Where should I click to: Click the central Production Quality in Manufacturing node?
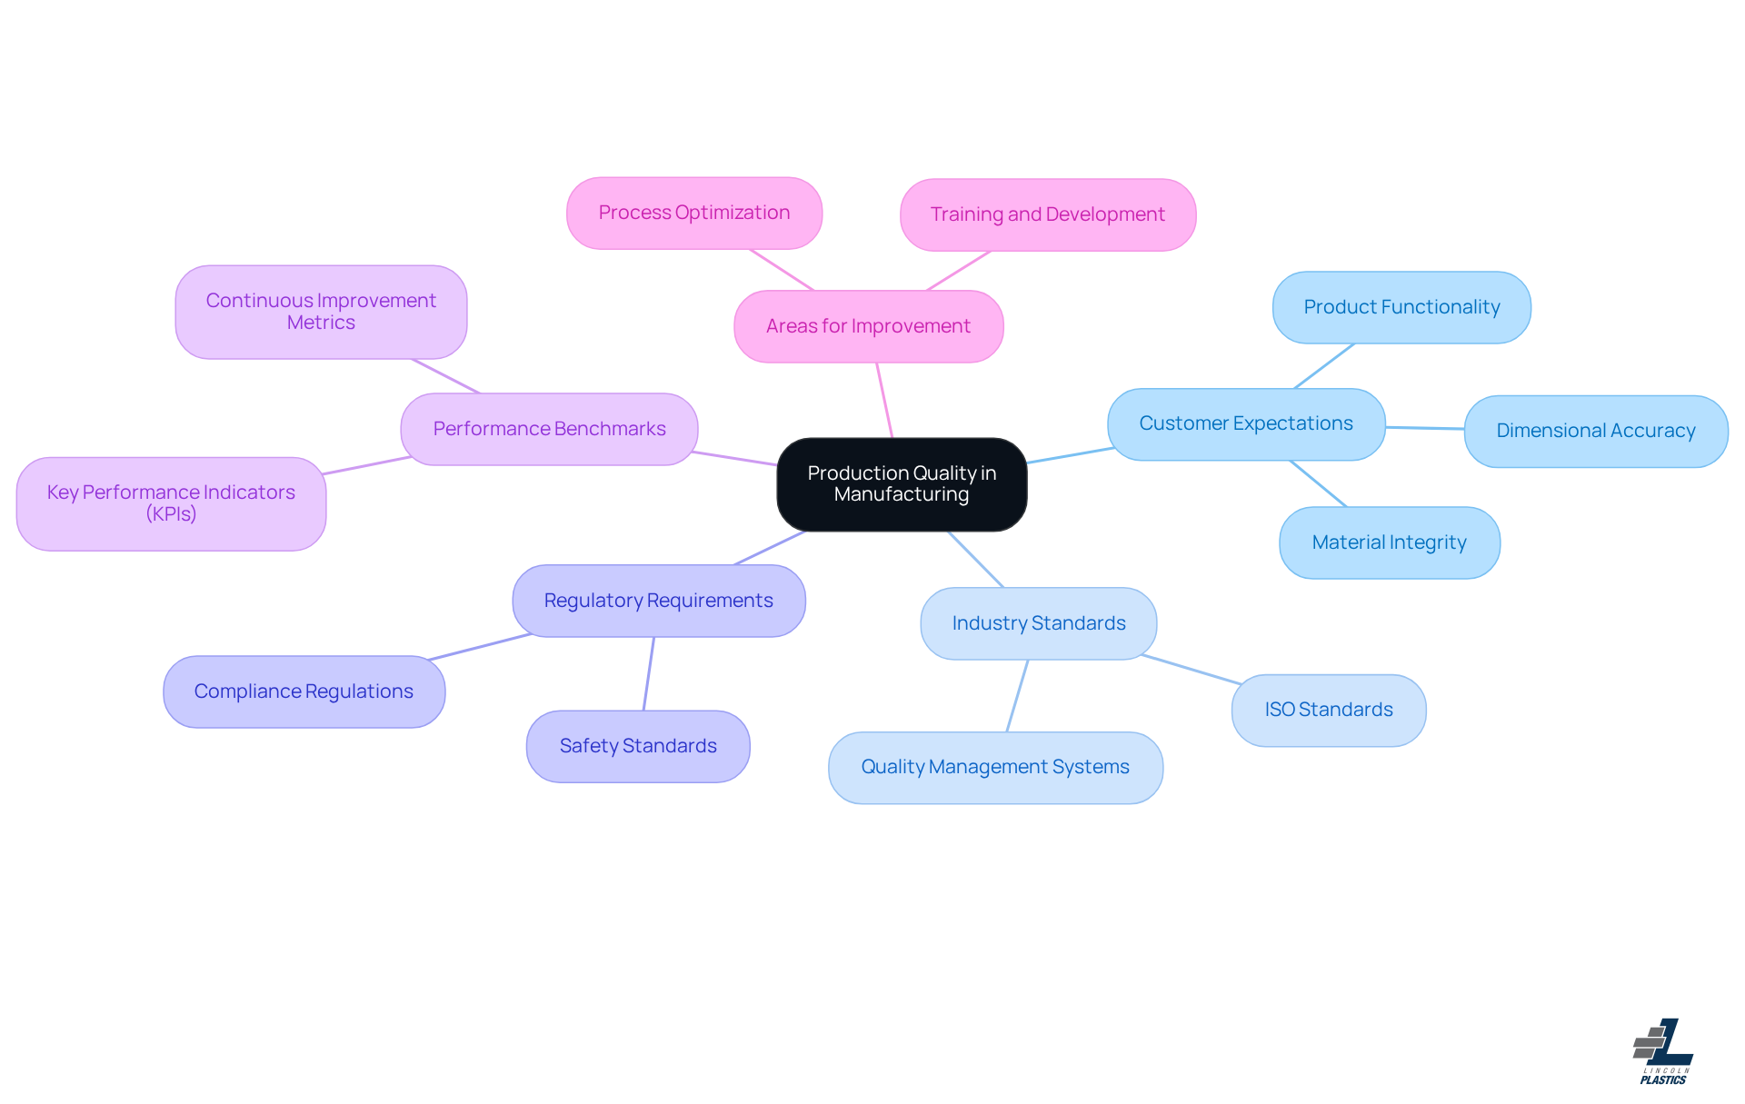click(902, 484)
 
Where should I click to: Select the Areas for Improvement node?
click(868, 326)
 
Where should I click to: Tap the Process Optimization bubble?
click(694, 213)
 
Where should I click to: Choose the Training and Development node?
click(1047, 214)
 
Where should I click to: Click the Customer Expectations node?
click(1245, 423)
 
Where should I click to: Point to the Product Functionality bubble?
click(1401, 307)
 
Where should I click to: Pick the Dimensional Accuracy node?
click(1595, 431)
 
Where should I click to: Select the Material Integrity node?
click(1389, 542)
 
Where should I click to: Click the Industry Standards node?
click(1038, 623)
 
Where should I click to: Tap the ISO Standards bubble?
click(1328, 710)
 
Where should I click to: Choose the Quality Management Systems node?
click(995, 767)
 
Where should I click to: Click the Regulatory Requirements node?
click(658, 601)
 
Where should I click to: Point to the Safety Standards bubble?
click(638, 746)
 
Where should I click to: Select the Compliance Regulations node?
click(304, 691)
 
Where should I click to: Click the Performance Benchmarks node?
click(549, 429)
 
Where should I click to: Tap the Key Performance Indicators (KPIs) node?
click(171, 503)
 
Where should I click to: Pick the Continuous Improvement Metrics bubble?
click(321, 312)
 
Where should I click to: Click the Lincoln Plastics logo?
click(1663, 1051)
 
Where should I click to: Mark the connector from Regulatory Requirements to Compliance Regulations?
click(480, 646)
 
